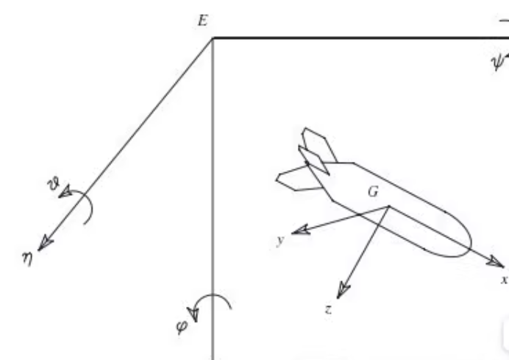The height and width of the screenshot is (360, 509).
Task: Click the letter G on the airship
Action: (x=373, y=193)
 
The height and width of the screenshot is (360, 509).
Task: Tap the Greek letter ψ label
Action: (x=497, y=63)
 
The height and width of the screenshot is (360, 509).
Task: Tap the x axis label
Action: (x=504, y=280)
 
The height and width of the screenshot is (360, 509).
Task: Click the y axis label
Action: (x=280, y=241)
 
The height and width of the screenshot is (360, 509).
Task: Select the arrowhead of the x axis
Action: (x=498, y=261)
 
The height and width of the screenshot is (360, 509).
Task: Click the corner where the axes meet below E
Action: (x=213, y=38)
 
